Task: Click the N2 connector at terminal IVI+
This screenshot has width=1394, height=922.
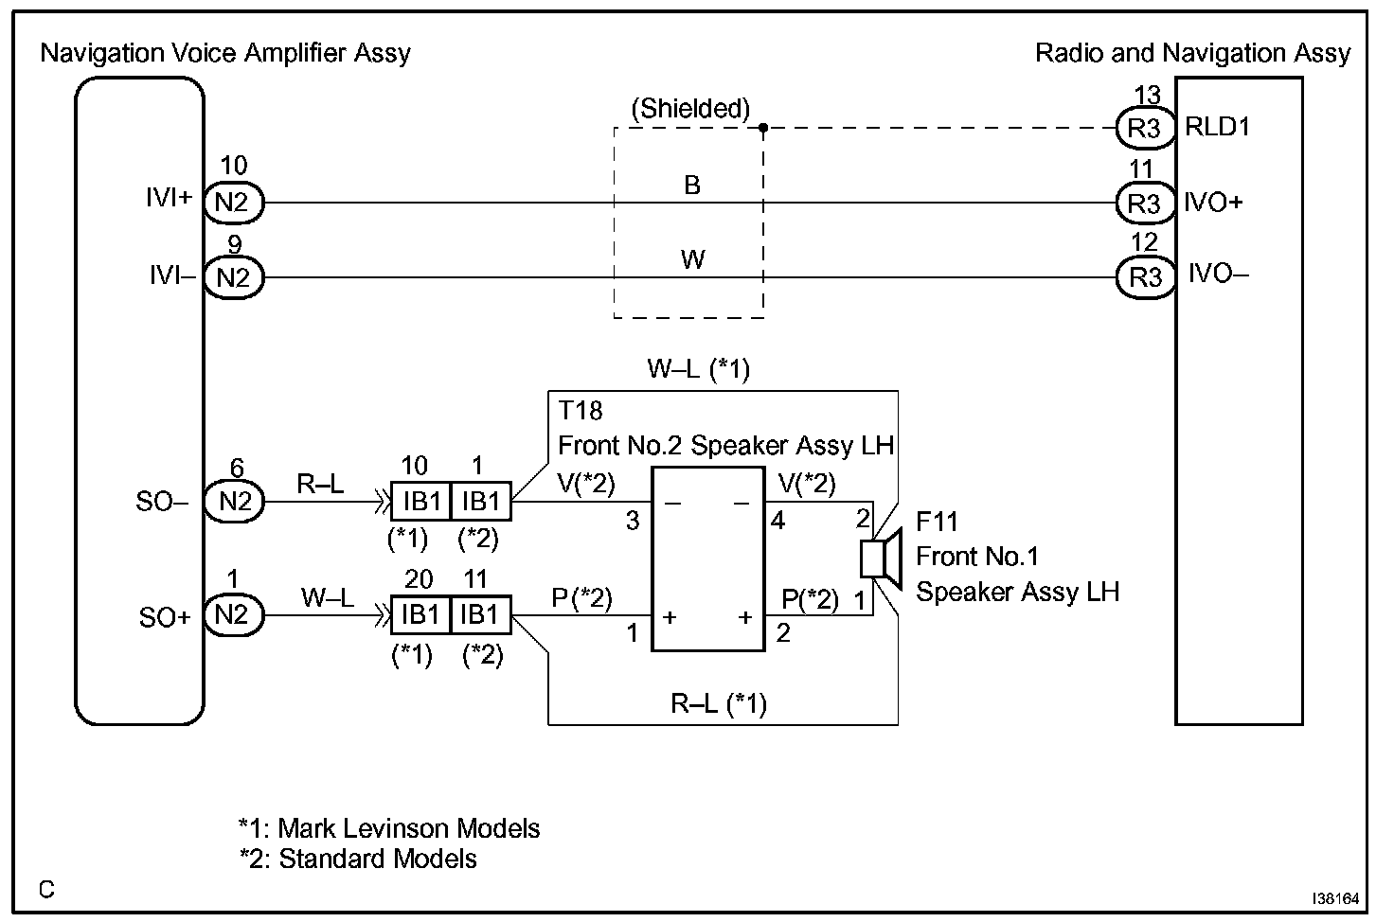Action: tap(233, 202)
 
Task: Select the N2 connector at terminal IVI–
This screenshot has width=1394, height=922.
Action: tap(233, 277)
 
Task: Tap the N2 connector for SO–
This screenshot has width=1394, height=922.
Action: tap(234, 502)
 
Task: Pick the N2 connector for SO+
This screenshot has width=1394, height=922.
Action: tap(233, 615)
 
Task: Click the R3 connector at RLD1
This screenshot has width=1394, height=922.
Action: tap(1144, 127)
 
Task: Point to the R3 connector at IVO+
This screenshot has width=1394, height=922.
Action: tap(1144, 203)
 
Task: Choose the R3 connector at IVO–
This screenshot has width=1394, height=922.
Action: tap(1144, 277)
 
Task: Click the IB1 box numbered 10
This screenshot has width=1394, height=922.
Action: tap(420, 502)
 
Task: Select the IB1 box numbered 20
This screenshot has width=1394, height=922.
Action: tap(420, 615)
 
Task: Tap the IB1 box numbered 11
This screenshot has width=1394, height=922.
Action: tap(480, 615)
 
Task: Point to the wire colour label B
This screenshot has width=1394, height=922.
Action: tap(692, 186)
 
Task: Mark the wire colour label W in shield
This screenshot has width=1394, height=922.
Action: tap(692, 259)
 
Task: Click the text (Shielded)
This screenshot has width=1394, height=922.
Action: tap(690, 109)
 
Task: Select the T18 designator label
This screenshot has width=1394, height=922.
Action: tap(580, 411)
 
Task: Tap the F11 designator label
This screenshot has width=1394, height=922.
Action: tap(937, 522)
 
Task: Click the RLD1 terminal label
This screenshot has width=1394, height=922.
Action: tap(1218, 127)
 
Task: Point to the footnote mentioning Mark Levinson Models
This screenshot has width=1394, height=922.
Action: tap(389, 828)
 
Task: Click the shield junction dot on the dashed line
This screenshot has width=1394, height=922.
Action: tap(763, 127)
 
